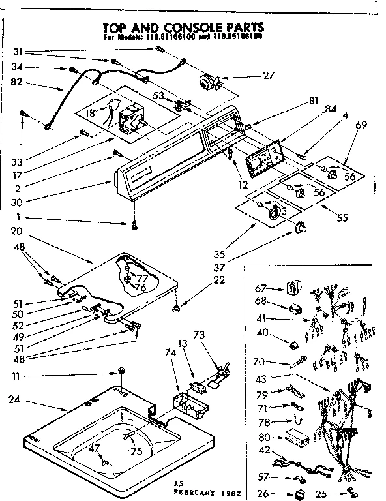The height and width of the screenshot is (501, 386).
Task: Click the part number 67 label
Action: click(x=261, y=287)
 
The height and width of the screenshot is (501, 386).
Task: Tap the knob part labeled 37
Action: click(x=302, y=226)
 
